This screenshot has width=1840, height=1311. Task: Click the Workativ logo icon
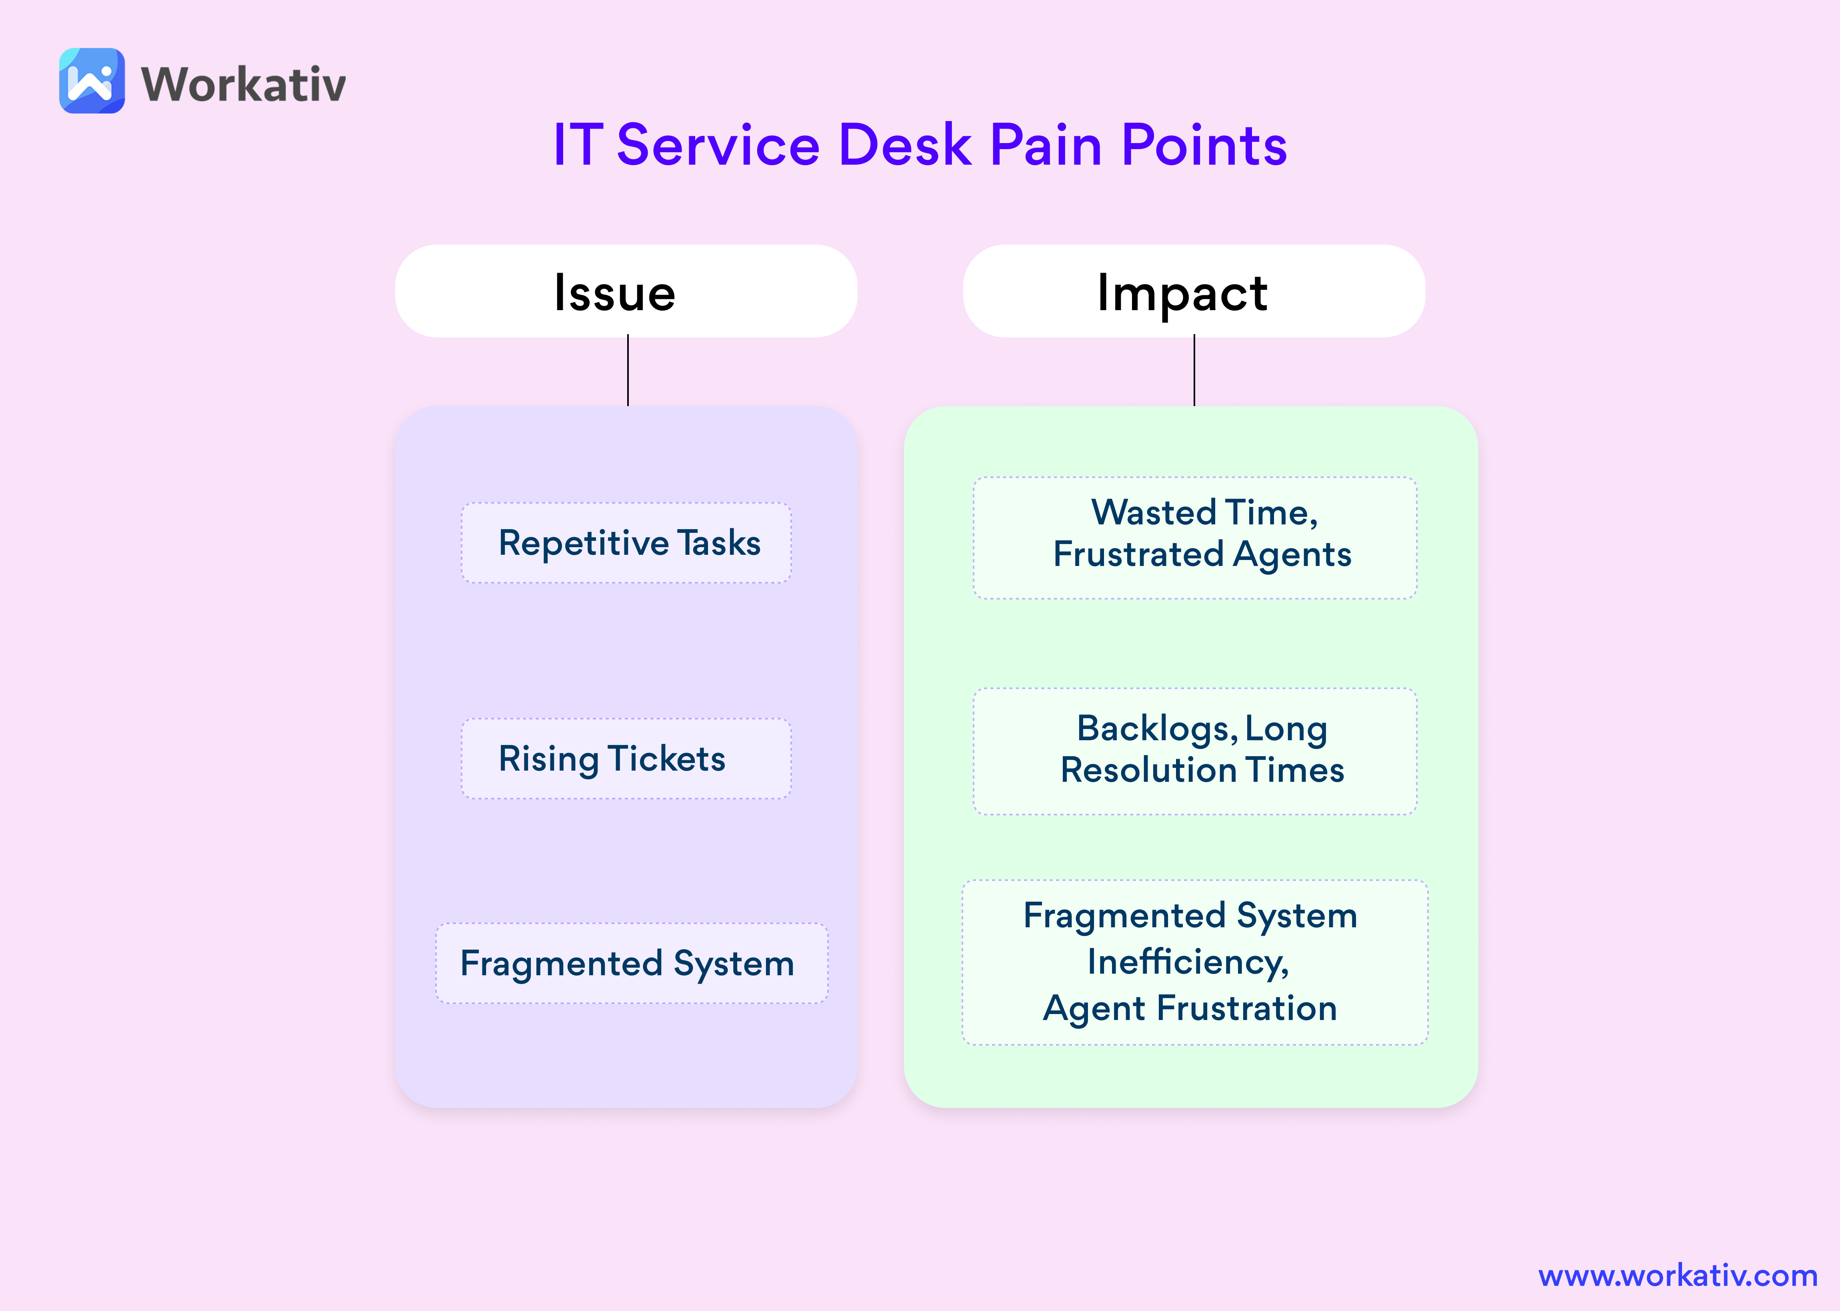pos(92,81)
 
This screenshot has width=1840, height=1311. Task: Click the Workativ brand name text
pos(243,84)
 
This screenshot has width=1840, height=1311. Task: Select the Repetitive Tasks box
pos(626,542)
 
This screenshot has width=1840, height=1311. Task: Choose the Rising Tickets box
pos(626,759)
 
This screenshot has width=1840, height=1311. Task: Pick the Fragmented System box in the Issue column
pos(632,963)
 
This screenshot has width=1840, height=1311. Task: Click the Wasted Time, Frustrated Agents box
pos(1195,538)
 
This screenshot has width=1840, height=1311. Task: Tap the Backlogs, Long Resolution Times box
pos(1195,751)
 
